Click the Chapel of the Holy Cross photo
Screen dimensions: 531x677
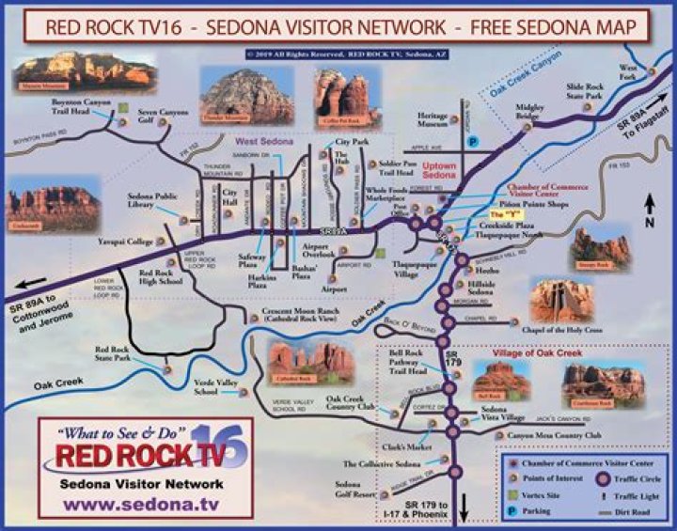(561, 298)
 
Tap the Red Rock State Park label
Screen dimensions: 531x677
(118, 353)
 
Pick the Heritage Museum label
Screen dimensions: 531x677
(433, 117)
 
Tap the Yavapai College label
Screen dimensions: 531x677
(127, 242)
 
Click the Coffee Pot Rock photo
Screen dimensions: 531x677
(340, 98)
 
